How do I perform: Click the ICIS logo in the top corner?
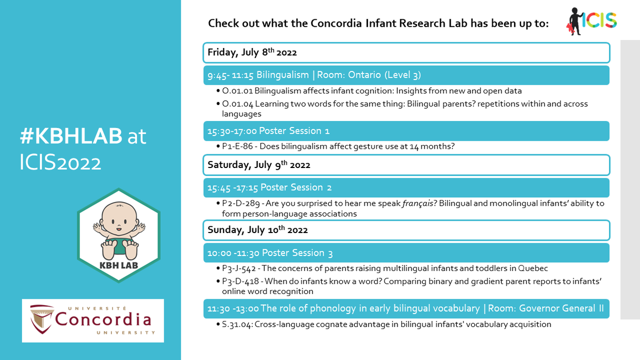(x=590, y=21)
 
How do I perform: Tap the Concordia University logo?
(x=92, y=320)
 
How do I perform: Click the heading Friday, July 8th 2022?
(x=252, y=52)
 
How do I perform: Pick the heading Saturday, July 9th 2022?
(x=259, y=165)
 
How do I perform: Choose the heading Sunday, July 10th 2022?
(x=258, y=230)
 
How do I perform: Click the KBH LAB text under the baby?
(x=118, y=265)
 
